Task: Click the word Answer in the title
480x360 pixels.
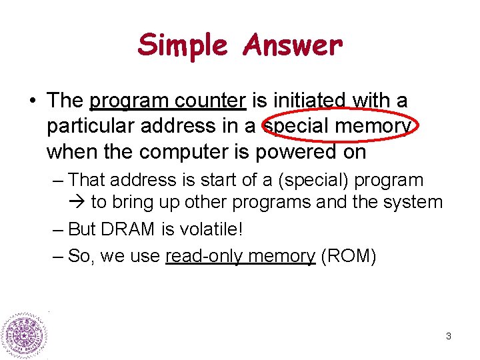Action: (293, 45)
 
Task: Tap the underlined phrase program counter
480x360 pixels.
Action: (168, 101)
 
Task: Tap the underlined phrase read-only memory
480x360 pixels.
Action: (240, 256)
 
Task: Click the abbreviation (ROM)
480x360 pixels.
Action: (349, 256)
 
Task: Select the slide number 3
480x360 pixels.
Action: (449, 337)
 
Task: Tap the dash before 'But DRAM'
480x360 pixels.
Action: (57, 229)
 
